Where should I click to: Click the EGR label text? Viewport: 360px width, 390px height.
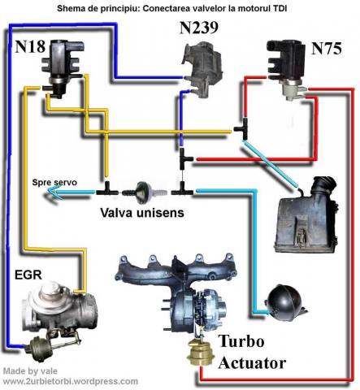pyautogui.click(x=26, y=275)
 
